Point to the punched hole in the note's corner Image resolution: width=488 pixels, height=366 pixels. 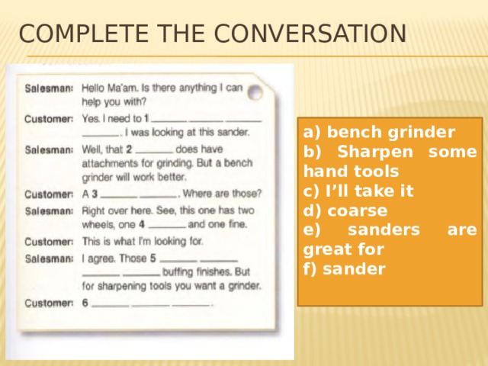tap(255, 92)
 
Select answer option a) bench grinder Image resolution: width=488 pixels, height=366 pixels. tap(379, 130)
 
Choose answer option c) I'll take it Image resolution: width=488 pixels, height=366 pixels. tap(358, 191)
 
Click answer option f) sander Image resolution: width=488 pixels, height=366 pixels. tap(344, 268)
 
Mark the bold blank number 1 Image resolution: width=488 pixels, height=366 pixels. tap(146, 118)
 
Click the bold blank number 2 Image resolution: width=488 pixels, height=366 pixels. tap(130, 149)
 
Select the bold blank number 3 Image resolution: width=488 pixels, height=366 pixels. tap(94, 194)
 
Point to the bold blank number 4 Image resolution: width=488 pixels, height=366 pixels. tap(142, 225)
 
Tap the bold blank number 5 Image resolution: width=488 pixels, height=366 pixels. tap(153, 258)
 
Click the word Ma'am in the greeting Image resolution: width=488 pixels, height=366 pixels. tap(127, 88)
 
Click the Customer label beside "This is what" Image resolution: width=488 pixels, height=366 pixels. tap(49, 242)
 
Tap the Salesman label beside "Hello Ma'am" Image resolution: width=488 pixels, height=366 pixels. tap(50, 88)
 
